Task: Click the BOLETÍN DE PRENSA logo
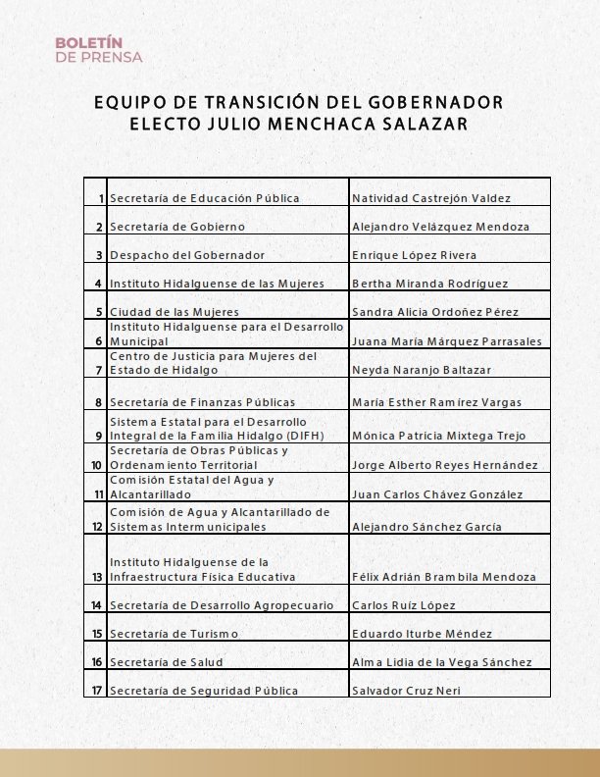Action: pyautogui.click(x=98, y=50)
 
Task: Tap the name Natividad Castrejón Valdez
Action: pyautogui.click(x=430, y=198)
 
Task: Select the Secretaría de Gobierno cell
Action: pyautogui.click(x=176, y=227)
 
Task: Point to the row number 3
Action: pyautogui.click(x=98, y=255)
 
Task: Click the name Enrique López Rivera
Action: pyautogui.click(x=414, y=255)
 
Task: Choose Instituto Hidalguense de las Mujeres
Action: pyautogui.click(x=216, y=284)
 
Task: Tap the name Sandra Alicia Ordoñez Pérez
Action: pyautogui.click(x=436, y=312)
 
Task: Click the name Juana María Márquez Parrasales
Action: pyautogui.click(x=446, y=340)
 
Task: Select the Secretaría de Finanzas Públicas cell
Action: pyautogui.click(x=202, y=402)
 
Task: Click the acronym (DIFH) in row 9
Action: pyautogui.click(x=305, y=435)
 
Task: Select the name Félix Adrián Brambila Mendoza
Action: pyautogui.click(x=444, y=577)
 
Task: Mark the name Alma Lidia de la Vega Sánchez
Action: pyautogui.click(x=441, y=662)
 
